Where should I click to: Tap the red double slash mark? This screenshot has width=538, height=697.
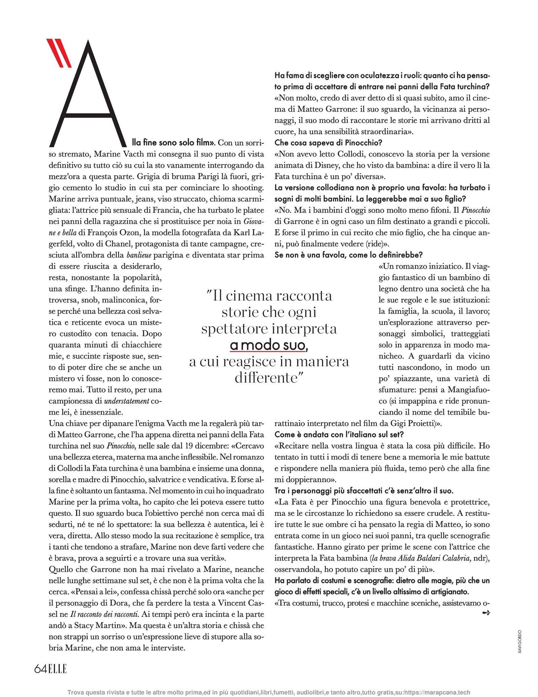[59, 53]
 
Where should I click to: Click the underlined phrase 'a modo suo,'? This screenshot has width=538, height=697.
[269, 345]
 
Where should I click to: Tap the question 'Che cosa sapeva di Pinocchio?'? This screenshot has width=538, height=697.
[328, 143]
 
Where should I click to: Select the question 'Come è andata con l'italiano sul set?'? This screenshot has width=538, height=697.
[339, 434]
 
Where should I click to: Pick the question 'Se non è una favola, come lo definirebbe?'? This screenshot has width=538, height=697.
[348, 255]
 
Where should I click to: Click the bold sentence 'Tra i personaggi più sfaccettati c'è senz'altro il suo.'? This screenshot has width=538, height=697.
[364, 491]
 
